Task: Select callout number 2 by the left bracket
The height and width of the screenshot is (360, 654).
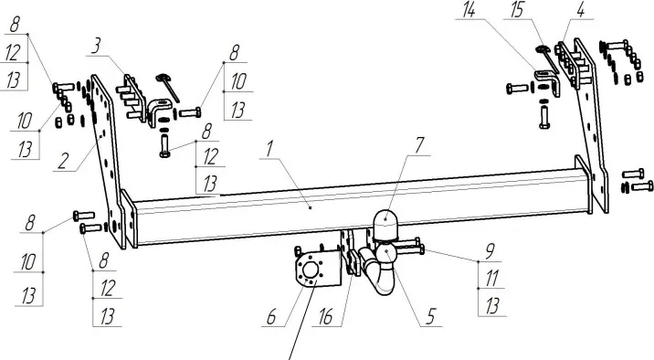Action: pos(62,161)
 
